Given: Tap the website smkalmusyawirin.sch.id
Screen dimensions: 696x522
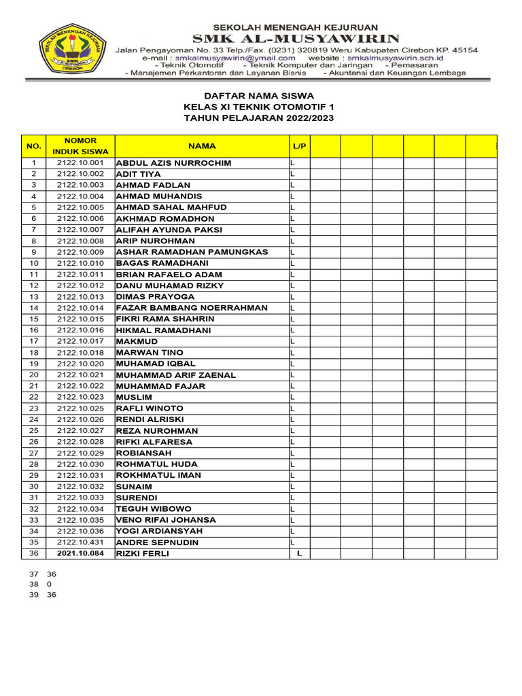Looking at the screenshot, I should [405, 58].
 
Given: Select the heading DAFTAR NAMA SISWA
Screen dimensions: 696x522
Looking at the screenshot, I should [259, 97].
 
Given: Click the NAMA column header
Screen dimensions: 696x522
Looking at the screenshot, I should [203, 146].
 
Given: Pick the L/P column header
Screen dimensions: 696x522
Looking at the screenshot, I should [300, 146].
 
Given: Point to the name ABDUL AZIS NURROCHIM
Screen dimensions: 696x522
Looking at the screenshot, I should [174, 163].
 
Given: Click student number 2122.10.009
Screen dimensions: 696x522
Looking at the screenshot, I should [80, 252].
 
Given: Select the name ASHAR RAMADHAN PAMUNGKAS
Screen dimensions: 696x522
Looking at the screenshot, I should [192, 252].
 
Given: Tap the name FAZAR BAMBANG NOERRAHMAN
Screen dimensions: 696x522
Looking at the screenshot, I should [192, 308].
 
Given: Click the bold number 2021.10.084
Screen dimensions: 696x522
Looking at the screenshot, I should [80, 553].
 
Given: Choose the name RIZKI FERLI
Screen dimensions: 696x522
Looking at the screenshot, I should [143, 553].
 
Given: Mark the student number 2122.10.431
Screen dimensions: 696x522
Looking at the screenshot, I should [80, 542].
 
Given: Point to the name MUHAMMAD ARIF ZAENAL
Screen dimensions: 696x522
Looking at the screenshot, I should [176, 375].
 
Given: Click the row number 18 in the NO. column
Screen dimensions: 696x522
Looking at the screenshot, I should [34, 353].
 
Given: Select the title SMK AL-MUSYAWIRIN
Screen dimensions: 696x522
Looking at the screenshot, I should [297, 38].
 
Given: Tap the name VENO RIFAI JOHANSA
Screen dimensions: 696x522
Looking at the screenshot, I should [167, 520].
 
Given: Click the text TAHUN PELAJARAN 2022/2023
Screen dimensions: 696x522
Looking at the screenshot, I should [259, 118].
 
